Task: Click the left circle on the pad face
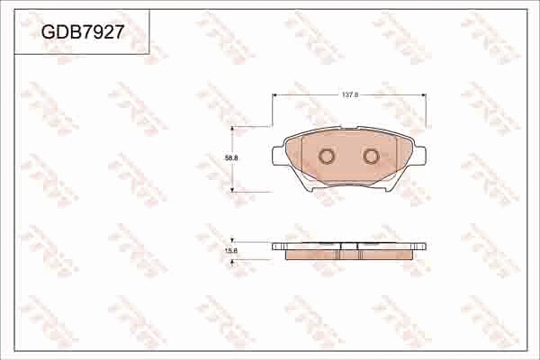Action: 327,157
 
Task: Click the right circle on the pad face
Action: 371,157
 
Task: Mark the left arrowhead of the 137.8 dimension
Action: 275,97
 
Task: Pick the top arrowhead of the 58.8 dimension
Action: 234,129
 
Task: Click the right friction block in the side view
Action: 385,254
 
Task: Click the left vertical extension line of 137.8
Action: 273,112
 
